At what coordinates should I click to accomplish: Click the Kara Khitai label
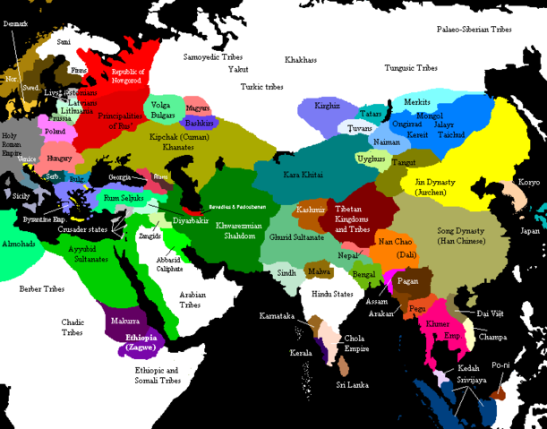(300, 175)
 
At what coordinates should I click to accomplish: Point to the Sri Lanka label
(353, 383)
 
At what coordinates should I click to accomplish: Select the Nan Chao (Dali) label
(396, 248)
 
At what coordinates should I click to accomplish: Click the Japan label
(531, 230)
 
